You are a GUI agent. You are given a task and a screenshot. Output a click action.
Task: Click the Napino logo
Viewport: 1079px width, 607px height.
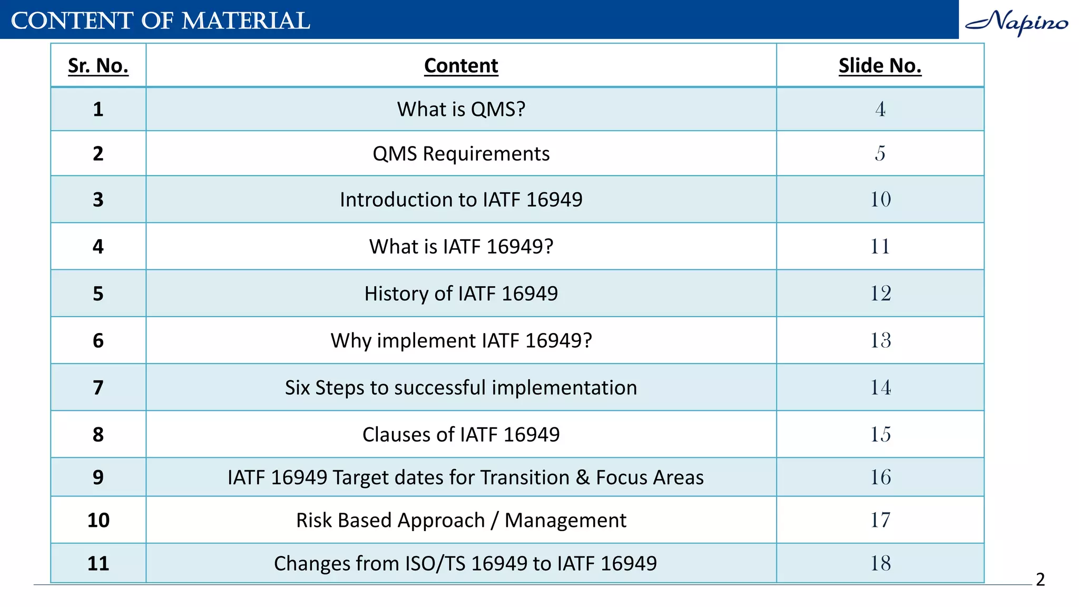click(1016, 22)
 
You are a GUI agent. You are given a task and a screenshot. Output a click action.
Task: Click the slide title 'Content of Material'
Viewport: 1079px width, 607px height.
click(160, 21)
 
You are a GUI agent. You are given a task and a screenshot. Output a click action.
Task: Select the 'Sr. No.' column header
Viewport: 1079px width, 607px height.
click(98, 66)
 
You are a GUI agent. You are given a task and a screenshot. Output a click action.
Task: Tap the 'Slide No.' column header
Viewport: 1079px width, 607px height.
click(880, 66)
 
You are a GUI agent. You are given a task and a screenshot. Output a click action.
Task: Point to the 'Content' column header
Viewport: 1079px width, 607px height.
click(461, 66)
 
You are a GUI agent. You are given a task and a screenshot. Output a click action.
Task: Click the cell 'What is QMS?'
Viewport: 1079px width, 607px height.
click(461, 109)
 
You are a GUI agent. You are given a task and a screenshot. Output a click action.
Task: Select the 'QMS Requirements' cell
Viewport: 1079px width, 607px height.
click(461, 154)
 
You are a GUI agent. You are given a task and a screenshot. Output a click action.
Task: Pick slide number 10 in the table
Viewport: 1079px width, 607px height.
click(880, 199)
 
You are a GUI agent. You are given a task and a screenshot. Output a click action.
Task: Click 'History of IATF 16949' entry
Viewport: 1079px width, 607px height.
click(461, 293)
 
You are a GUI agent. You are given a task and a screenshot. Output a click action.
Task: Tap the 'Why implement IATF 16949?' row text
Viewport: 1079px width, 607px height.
click(461, 340)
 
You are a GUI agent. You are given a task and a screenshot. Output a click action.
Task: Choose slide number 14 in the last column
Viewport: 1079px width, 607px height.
click(880, 387)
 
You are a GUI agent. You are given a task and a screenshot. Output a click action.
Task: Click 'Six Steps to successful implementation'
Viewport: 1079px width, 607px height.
click(461, 387)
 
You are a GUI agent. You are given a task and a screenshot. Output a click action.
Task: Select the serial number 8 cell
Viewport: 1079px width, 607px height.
click(98, 435)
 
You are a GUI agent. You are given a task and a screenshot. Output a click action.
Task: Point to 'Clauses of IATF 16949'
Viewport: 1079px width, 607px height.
click(461, 435)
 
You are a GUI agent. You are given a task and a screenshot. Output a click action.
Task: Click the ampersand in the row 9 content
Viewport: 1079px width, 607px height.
click(583, 477)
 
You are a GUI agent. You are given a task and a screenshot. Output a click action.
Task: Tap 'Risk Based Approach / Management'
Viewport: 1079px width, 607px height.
click(461, 520)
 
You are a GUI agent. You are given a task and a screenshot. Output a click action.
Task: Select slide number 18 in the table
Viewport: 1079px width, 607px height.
click(880, 563)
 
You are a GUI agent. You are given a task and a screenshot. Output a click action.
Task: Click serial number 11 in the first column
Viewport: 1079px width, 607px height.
click(98, 563)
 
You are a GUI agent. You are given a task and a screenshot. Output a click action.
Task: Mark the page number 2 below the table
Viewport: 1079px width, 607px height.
click(1040, 580)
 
